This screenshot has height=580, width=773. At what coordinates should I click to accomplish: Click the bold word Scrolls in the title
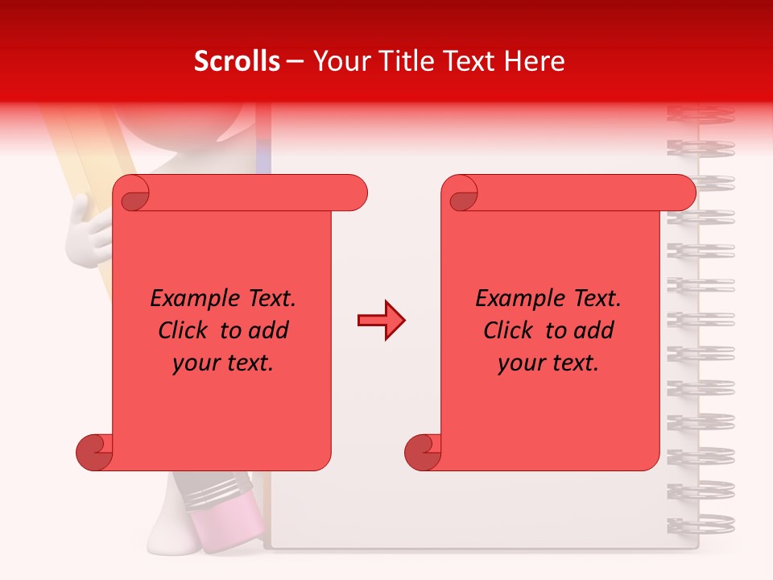pyautogui.click(x=238, y=61)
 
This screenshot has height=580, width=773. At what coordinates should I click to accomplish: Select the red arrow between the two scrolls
pyautogui.click(x=381, y=321)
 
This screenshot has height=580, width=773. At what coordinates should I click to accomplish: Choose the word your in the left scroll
pyautogui.click(x=195, y=363)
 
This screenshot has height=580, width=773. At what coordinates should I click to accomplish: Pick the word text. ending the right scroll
pyautogui.click(x=575, y=363)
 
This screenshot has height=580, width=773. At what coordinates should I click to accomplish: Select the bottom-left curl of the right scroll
pyautogui.click(x=424, y=451)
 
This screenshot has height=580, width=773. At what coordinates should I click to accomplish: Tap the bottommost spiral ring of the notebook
pyautogui.click(x=701, y=524)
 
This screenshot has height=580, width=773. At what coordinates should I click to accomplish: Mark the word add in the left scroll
pyautogui.click(x=270, y=330)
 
